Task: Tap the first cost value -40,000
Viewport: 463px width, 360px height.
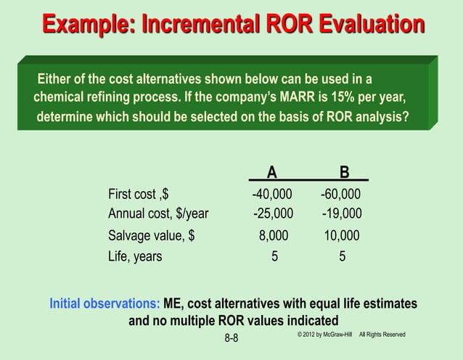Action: click(x=272, y=195)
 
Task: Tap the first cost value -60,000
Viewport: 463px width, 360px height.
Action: click(x=340, y=195)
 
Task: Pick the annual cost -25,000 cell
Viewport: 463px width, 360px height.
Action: click(x=274, y=213)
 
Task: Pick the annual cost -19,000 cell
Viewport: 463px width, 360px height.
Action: click(x=342, y=213)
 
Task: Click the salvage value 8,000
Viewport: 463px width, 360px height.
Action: click(x=274, y=236)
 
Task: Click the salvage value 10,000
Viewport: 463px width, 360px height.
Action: click(x=341, y=236)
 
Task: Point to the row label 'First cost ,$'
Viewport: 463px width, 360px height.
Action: click(x=139, y=195)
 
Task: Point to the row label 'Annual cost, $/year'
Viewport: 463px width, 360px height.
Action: click(x=158, y=213)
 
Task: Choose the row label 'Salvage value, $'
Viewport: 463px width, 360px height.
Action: click(x=151, y=236)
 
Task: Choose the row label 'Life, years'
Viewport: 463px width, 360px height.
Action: click(x=135, y=256)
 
